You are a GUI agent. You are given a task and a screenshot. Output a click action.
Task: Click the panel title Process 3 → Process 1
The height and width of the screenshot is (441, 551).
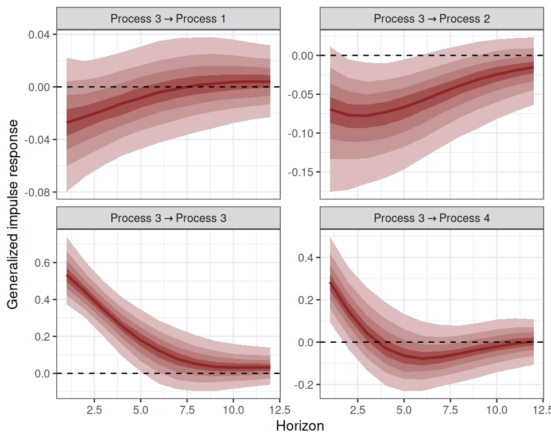[x=168, y=19]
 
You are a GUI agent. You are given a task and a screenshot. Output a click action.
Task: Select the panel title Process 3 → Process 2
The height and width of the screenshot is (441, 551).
[x=432, y=19]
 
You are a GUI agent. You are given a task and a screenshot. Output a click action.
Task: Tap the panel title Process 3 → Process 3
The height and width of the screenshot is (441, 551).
[x=168, y=218]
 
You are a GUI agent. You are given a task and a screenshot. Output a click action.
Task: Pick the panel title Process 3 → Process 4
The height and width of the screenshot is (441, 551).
[x=432, y=218]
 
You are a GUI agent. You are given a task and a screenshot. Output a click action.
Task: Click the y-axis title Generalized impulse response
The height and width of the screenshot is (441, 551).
[x=13, y=214]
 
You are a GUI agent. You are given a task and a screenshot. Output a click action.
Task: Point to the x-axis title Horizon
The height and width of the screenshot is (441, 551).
[x=300, y=426]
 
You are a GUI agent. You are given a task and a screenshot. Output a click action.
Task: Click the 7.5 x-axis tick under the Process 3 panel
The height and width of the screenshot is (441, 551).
[x=187, y=410]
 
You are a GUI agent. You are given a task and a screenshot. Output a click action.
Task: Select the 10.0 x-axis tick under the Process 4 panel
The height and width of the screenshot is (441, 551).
[x=496, y=410]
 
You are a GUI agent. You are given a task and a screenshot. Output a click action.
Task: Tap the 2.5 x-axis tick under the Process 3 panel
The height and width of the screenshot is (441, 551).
[x=94, y=410]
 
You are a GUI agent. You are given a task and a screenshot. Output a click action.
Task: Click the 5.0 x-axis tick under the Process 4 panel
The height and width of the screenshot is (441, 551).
[x=404, y=410]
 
